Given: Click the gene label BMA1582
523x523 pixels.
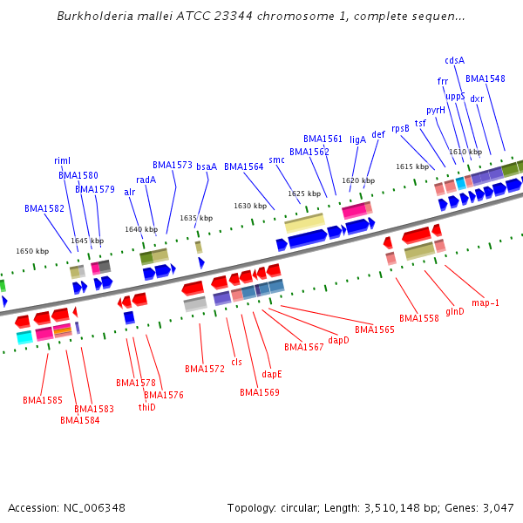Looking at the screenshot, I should click(x=44, y=209).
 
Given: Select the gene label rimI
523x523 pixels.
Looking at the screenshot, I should click(x=62, y=160).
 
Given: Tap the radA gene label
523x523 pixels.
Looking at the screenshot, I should click(x=146, y=180).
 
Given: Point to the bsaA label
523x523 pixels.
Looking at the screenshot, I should click(x=207, y=166).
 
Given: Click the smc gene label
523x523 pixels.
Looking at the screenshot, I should click(x=276, y=160).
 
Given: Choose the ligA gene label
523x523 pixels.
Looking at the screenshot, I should click(x=357, y=139).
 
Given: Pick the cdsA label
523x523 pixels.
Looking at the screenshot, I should click(x=454, y=60).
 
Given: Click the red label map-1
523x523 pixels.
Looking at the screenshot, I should click(x=486, y=302).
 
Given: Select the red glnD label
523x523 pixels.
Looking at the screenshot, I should click(x=455, y=311).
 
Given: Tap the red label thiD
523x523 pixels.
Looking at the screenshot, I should click(x=146, y=407).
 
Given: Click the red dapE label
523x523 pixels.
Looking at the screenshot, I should click(x=272, y=374).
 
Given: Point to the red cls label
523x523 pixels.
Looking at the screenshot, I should click(x=236, y=362).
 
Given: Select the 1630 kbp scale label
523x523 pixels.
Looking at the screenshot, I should click(x=250, y=206).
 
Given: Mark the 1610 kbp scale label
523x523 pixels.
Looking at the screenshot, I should click(x=459, y=152).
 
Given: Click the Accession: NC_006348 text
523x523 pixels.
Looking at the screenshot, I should click(x=66, y=508).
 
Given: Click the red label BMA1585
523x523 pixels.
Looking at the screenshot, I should click(x=43, y=400).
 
